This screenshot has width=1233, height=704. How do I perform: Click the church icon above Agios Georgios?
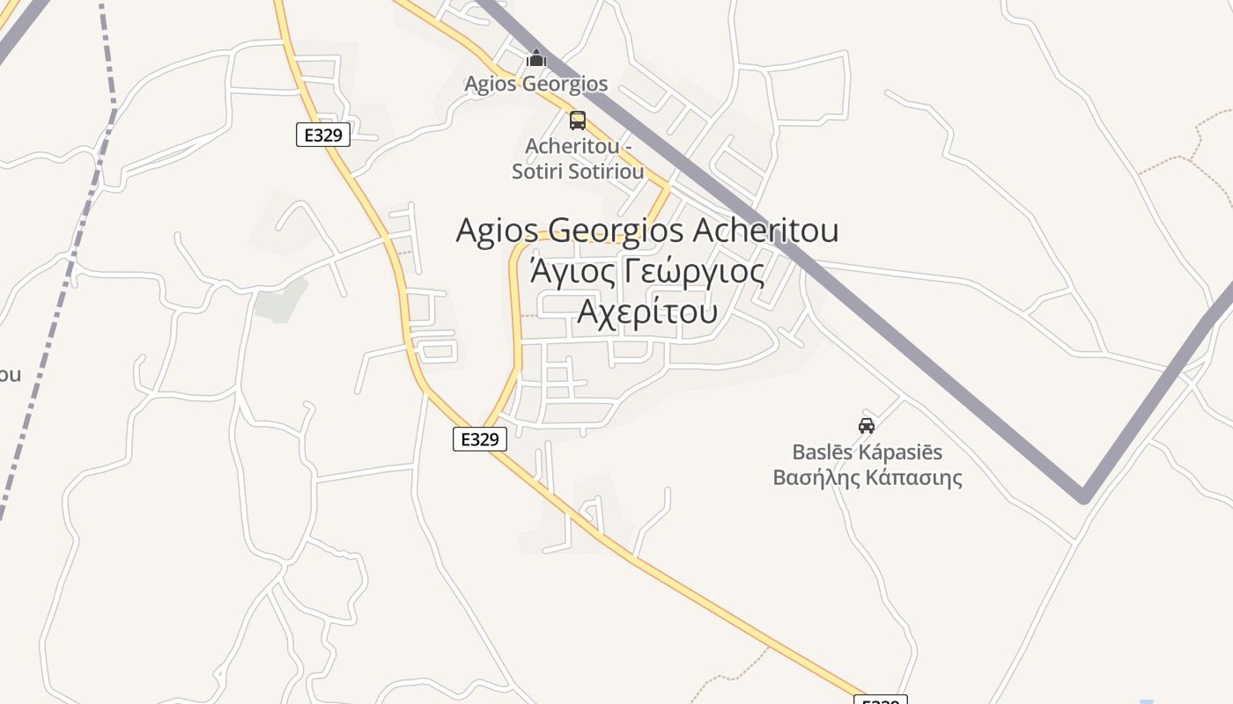tap(535, 59)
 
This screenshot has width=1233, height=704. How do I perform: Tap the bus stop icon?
tap(578, 121)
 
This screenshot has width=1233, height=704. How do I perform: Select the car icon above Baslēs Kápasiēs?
tap(867, 426)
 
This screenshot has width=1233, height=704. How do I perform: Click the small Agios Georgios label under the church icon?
tap(535, 84)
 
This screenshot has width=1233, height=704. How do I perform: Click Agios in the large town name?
tap(497, 231)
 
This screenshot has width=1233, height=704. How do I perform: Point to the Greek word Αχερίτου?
tap(647, 311)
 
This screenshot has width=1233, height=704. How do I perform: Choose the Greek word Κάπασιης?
tap(913, 478)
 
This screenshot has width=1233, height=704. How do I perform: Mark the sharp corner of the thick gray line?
tap(1083, 497)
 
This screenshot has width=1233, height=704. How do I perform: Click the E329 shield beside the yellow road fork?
tap(480, 439)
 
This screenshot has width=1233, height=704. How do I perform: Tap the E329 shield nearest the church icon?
tap(323, 135)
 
